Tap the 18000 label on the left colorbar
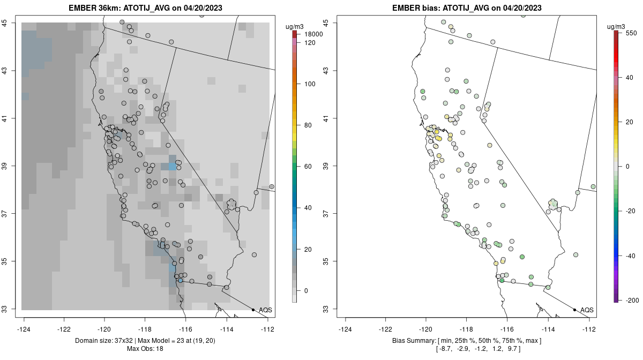click(313, 34)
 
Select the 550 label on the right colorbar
click(631, 33)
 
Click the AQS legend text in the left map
click(265, 310)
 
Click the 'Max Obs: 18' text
click(145, 349)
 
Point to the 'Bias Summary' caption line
click(467, 341)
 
